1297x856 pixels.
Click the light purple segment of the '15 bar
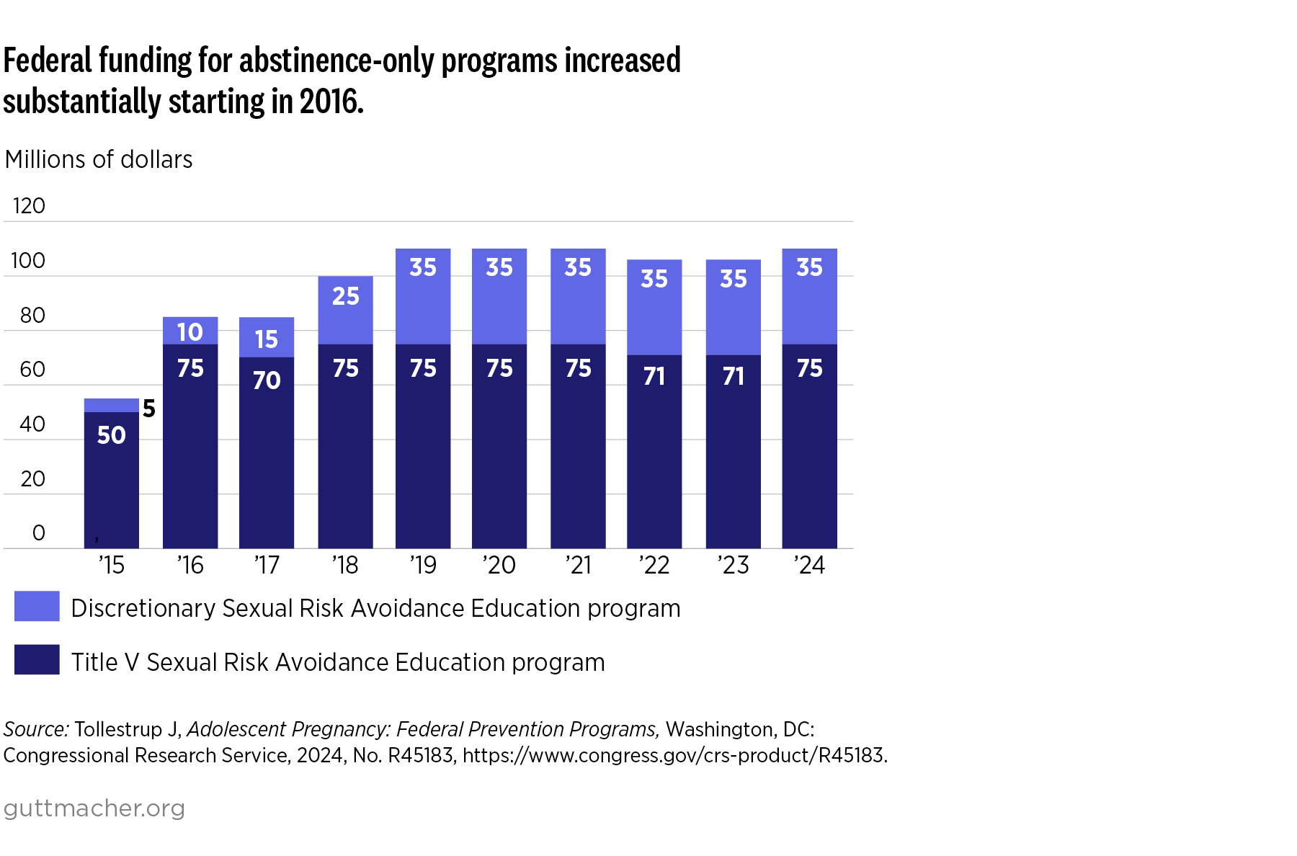pos(111,405)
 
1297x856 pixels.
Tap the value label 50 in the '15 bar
pos(111,435)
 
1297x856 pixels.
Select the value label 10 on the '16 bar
pos(190,332)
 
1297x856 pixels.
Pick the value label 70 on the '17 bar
pos(267,380)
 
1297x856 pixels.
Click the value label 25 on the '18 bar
pos(345,296)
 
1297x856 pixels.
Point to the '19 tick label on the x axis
pos(423,565)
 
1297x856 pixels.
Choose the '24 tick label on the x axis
pos(809,565)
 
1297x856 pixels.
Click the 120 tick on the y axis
pos(29,206)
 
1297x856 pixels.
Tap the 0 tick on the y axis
pos(39,533)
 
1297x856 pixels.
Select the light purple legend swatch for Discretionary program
pos(37,606)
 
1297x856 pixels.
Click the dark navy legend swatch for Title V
pos(37,659)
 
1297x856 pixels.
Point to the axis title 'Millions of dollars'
pos(99,159)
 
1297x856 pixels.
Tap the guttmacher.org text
pos(94,808)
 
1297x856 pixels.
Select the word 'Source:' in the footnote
pos(36,729)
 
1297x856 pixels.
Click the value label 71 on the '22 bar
pos(654,376)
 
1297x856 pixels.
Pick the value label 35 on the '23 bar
pos(734,279)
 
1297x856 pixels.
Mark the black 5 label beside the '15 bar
pos(149,409)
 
